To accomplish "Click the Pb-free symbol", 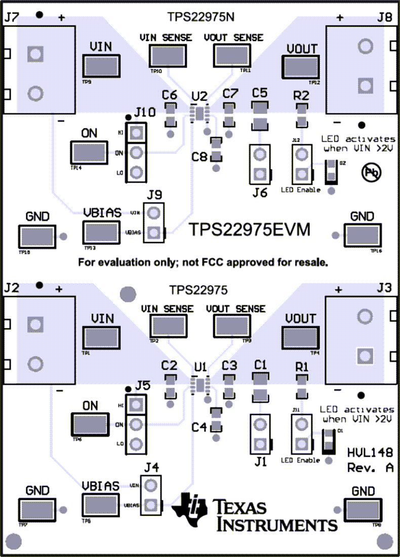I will (370, 173).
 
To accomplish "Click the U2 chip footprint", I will (201, 113).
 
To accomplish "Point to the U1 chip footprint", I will (201, 384).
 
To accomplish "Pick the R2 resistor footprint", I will (302, 115).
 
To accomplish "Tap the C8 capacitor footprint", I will (216, 150).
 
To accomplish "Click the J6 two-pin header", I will (260, 164).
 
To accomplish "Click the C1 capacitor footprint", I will (260, 386).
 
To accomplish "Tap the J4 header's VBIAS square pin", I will (150, 504).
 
